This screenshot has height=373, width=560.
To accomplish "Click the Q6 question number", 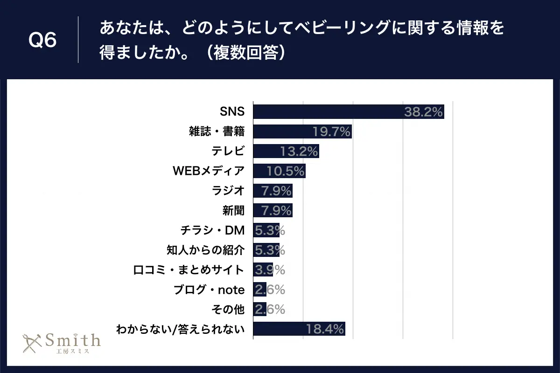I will [x=42, y=40].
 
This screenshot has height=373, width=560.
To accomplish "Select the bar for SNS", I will [x=348, y=112].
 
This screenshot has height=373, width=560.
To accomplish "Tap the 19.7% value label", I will [x=331, y=132].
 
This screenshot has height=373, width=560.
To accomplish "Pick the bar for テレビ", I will [x=286, y=151].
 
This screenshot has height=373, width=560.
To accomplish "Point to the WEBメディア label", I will [x=209, y=171].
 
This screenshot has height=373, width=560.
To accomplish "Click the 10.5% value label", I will [x=286, y=171].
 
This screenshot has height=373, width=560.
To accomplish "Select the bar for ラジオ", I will [x=273, y=191].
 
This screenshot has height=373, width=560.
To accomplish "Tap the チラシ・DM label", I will [x=212, y=230].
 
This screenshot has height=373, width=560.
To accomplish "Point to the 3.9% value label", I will [x=269, y=270].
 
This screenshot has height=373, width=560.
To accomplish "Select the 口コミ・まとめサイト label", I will [x=189, y=270].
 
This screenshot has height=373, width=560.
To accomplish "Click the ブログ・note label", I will [x=209, y=290].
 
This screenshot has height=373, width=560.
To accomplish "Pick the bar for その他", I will [x=259, y=309].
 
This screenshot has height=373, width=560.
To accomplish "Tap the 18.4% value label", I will [x=325, y=329].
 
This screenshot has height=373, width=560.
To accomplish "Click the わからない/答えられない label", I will [x=180, y=329].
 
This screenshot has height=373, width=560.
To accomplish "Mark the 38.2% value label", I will [x=424, y=112].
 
